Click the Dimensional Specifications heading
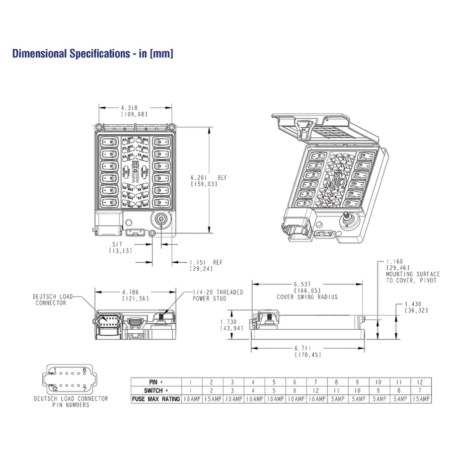93,54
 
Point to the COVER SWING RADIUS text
307,297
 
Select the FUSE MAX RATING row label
156,399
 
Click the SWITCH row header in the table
156,390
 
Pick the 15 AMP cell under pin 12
421,399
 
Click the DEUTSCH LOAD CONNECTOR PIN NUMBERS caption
70,401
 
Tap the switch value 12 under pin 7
316,390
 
